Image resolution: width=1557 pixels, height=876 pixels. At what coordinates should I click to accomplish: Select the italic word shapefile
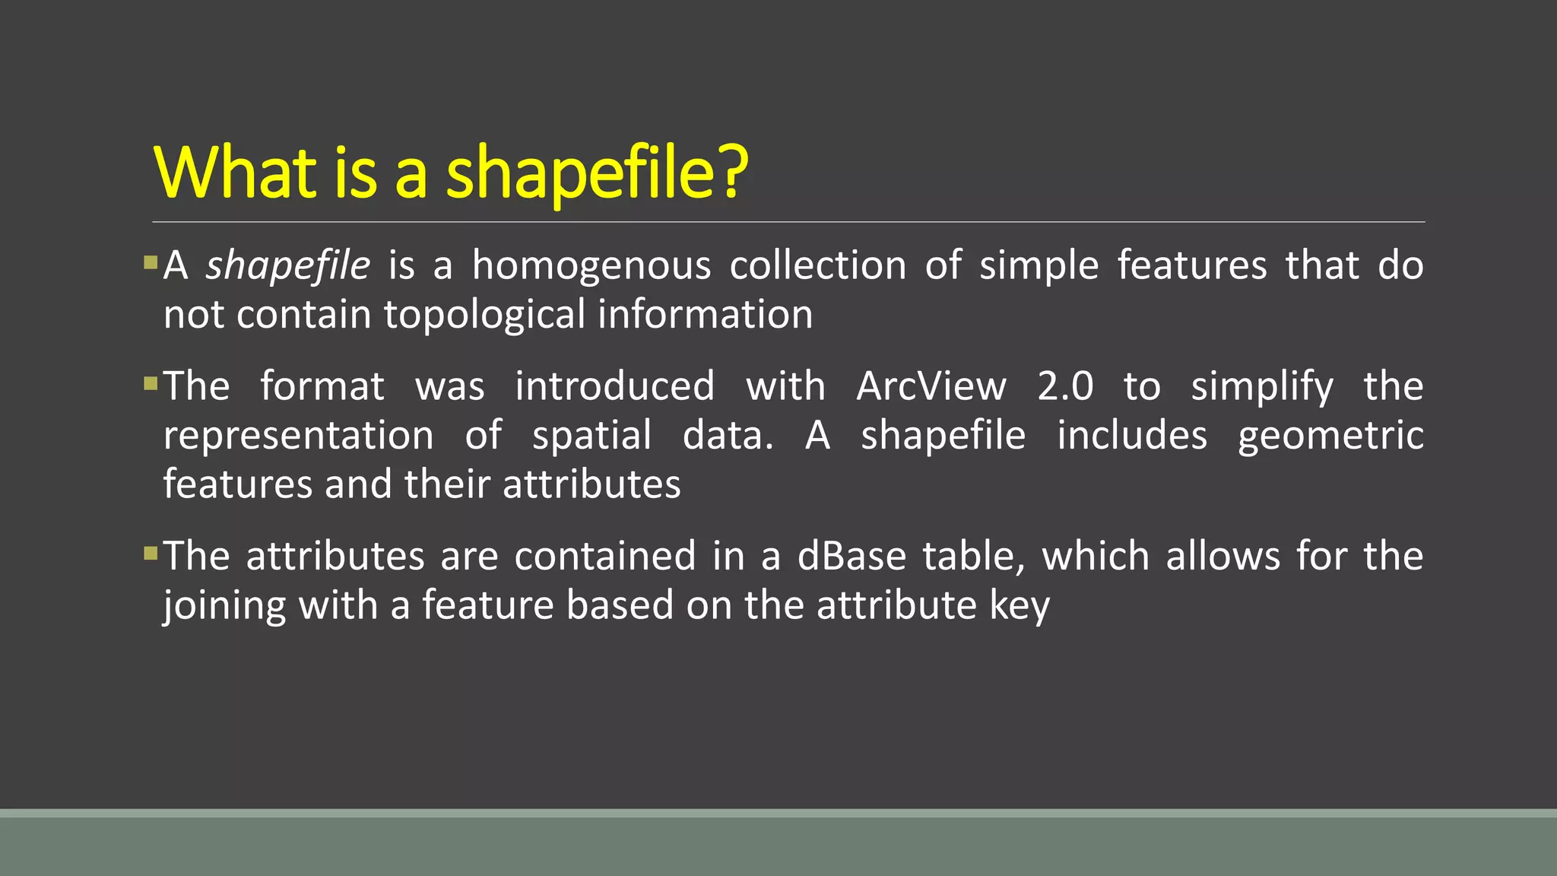(288, 266)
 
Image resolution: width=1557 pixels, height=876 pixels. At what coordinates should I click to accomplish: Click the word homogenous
(591, 266)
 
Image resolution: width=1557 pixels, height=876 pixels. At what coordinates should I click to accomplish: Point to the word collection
(818, 266)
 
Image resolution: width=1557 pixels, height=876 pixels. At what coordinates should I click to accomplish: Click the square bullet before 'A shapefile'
(151, 263)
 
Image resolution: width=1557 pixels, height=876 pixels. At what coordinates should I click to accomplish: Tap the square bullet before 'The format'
(151, 383)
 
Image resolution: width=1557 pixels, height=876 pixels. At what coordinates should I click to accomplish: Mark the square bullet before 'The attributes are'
(151, 553)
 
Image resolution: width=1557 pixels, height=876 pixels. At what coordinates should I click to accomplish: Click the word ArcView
(931, 386)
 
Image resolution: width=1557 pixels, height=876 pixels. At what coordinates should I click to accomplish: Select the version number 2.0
(1065, 386)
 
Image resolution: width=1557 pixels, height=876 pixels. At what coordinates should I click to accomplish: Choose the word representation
(299, 436)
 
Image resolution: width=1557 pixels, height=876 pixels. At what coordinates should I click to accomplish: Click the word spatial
(591, 436)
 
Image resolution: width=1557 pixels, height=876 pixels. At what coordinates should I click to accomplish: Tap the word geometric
(1330, 436)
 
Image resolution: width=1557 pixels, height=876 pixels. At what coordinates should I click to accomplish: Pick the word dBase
(851, 556)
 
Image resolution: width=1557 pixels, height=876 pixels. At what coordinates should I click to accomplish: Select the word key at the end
(1020, 606)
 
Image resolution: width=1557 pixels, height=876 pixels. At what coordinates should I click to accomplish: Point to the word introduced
(614, 386)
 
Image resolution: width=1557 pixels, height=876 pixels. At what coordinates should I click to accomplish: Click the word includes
(1132, 435)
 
